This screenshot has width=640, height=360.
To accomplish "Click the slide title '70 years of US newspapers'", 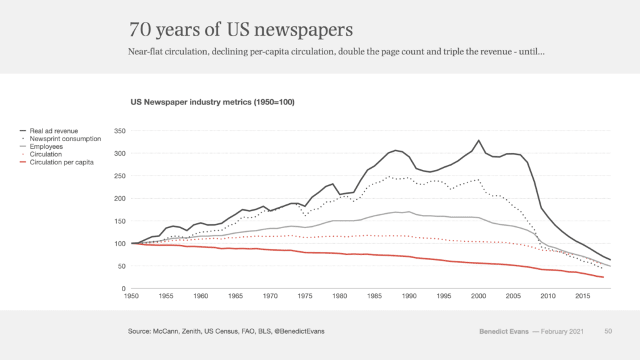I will [x=241, y=29].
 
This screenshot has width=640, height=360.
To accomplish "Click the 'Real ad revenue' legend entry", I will [x=54, y=131].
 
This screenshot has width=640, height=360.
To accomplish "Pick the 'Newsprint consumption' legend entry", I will [x=65, y=139].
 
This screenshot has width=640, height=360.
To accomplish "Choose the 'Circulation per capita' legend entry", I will [x=61, y=162].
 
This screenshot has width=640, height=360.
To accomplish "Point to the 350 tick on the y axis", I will [x=119, y=131].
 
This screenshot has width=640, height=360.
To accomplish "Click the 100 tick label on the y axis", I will [x=119, y=244].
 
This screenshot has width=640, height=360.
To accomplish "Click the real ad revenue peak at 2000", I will [x=478, y=141].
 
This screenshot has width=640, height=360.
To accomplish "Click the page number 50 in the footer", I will [x=608, y=331].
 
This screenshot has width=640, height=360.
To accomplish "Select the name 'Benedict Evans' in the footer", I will [x=504, y=331].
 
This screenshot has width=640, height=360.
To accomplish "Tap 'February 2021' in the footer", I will [x=561, y=331].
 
